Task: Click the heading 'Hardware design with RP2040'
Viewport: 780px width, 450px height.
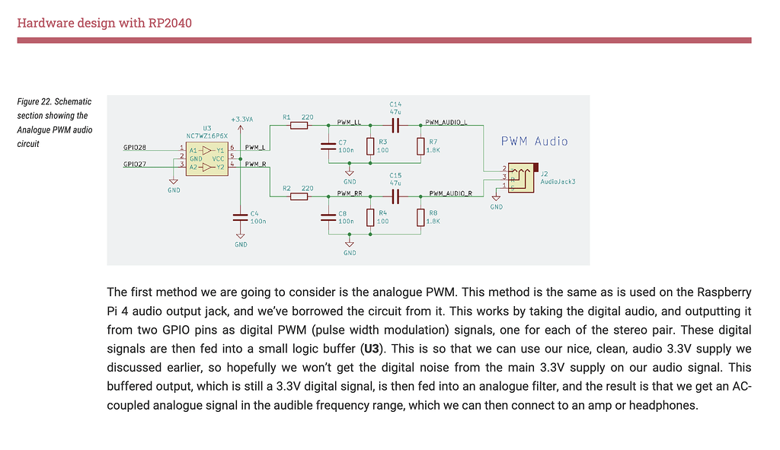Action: coord(104,22)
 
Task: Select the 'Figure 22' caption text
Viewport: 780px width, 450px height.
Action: coord(55,123)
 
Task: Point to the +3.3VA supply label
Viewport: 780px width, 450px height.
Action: coord(241,120)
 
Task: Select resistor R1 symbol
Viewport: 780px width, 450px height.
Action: coord(299,126)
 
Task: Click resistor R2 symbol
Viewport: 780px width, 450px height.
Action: coord(299,196)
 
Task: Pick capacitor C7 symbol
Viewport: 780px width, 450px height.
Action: coord(328,146)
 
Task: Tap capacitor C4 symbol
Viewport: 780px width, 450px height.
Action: coord(241,218)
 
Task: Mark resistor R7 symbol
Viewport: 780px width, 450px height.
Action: coord(420,146)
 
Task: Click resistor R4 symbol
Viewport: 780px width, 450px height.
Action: coord(370,218)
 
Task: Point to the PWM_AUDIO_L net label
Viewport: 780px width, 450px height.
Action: coord(446,122)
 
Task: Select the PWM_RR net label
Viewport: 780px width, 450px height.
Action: coord(349,193)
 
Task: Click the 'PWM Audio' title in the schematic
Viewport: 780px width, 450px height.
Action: coord(534,141)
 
